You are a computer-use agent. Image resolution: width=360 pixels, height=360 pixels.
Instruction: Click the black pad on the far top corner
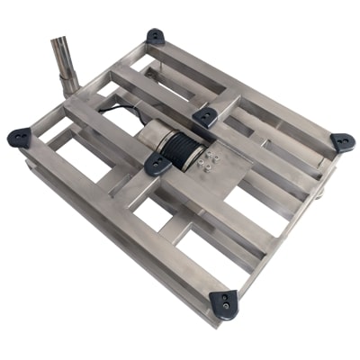click(x=156, y=37)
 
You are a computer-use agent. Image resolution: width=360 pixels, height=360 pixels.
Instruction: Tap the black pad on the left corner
click(x=19, y=138)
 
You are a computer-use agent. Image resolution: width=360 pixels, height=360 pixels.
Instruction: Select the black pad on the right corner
click(x=342, y=142)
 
